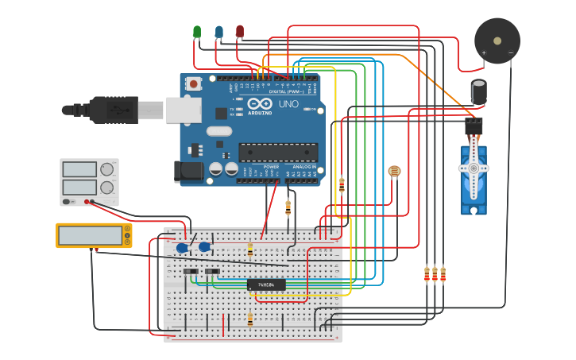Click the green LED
197,31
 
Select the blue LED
218,31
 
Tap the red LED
240,31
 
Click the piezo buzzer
497,41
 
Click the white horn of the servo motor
474,168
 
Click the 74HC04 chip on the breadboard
266,285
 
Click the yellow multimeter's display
90,236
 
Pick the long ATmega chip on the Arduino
278,152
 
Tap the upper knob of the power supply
106,169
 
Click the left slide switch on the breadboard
191,272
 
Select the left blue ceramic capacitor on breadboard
182,248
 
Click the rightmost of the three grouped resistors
443,274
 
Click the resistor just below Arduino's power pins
288,208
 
